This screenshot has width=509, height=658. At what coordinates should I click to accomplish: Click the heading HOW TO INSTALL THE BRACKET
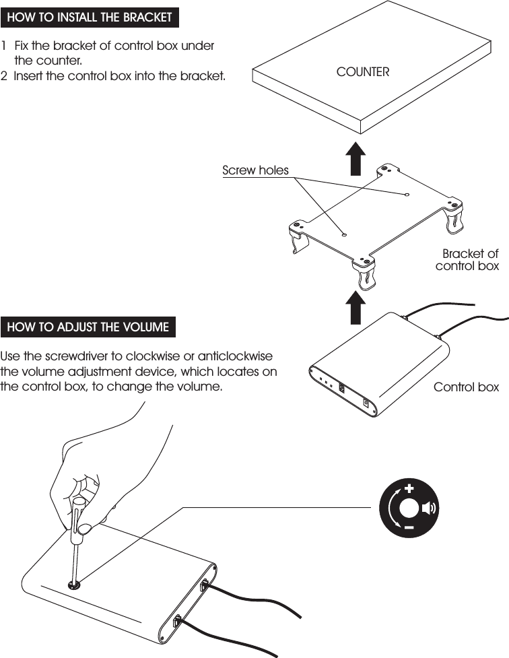point(90,18)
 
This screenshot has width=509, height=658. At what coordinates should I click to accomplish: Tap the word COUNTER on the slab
point(363,71)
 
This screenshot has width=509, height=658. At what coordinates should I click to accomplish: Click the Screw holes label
point(255,170)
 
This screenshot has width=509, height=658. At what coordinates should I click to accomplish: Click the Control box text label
point(466,387)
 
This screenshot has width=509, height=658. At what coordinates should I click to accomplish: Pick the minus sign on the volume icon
point(409,529)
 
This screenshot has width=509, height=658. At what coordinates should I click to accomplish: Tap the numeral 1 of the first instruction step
point(5,46)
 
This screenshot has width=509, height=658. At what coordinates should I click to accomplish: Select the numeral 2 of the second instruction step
point(5,76)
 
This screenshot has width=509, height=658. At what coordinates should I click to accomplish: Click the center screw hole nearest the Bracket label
point(407,195)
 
